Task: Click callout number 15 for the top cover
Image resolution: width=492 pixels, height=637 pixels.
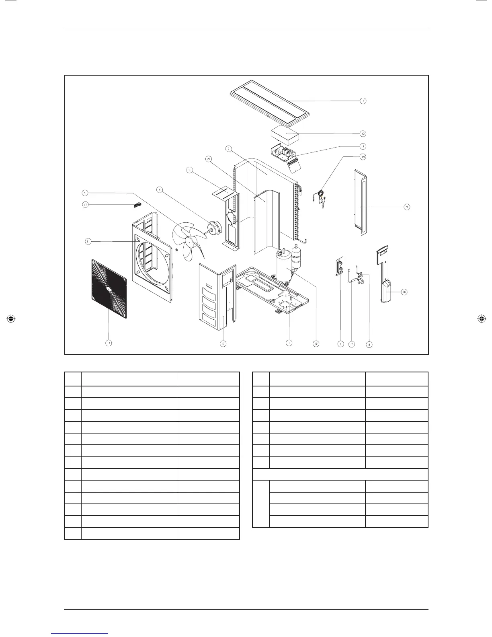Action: point(363,101)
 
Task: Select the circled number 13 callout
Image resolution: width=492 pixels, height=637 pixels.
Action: point(363,133)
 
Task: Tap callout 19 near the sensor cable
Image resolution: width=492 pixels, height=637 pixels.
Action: point(363,157)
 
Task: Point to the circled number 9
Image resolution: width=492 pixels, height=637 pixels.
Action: point(407,207)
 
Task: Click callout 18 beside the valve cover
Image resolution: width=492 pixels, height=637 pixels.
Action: point(404,292)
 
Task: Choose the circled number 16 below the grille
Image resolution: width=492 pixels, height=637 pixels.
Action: point(109,343)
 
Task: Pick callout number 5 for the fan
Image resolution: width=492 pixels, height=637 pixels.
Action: point(85,193)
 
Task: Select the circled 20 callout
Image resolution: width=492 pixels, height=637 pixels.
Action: point(209,159)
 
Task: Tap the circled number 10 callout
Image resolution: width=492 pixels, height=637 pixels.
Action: point(316,344)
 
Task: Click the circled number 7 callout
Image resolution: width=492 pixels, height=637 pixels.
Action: point(352,344)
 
